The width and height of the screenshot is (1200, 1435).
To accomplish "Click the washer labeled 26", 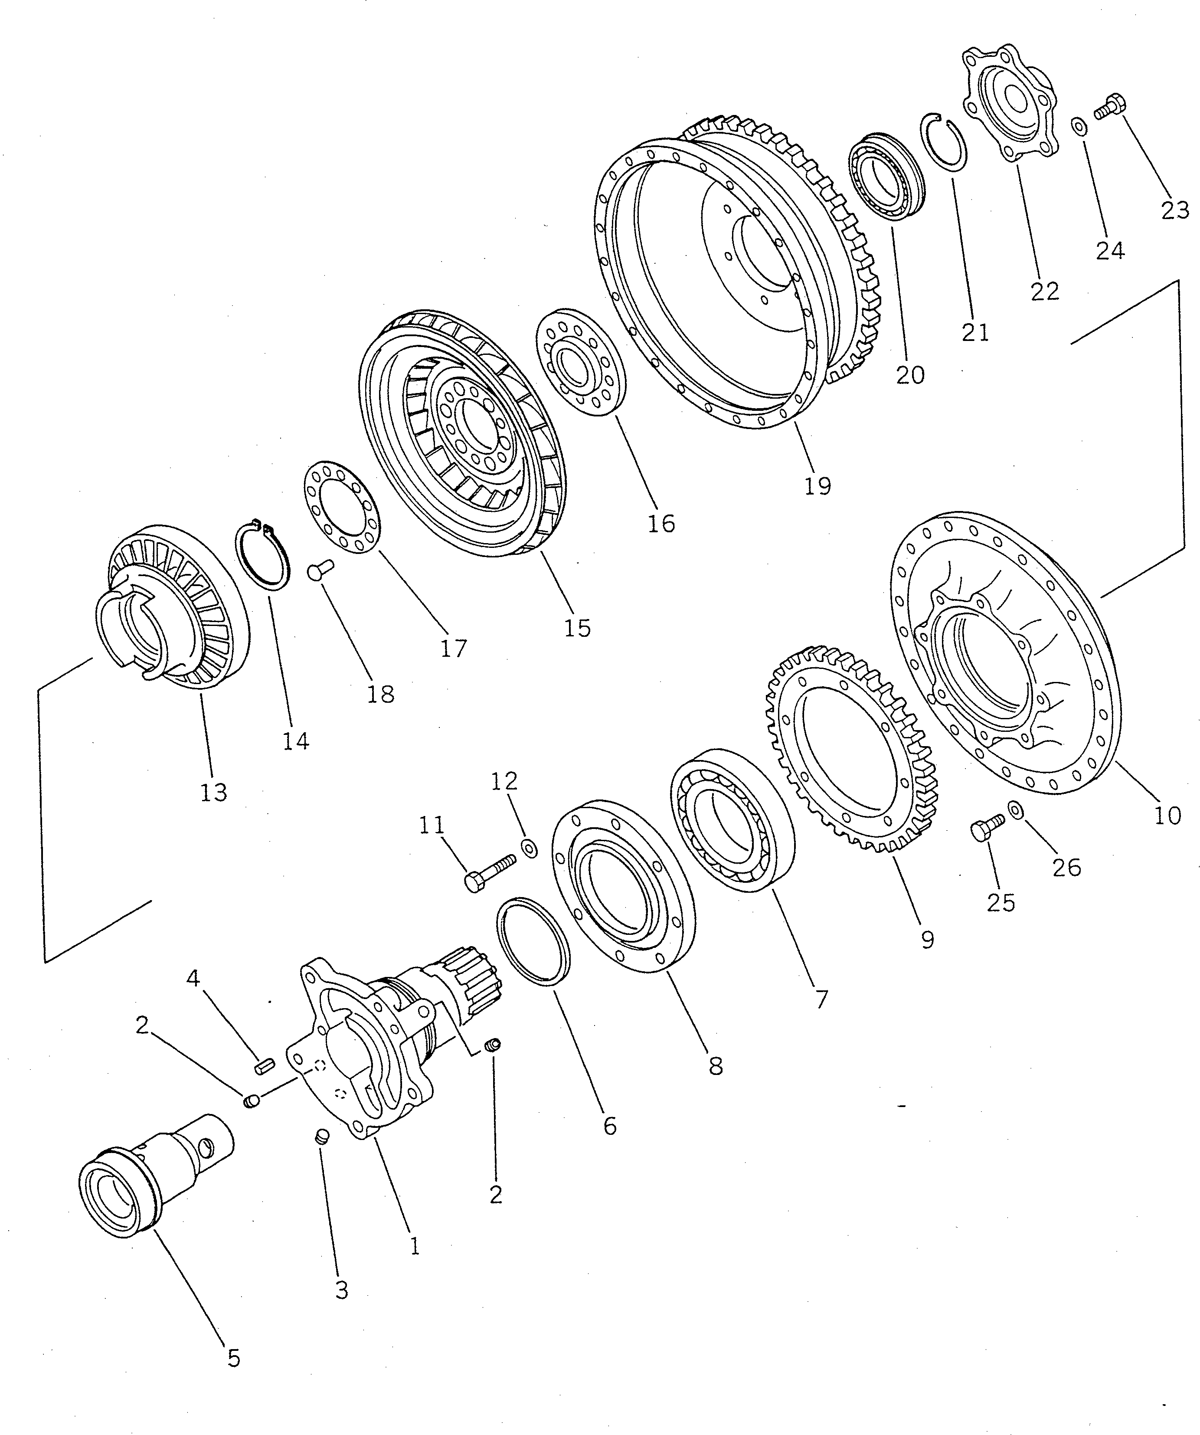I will (x=1016, y=810).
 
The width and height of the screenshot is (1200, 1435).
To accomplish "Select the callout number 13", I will (x=213, y=793).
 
